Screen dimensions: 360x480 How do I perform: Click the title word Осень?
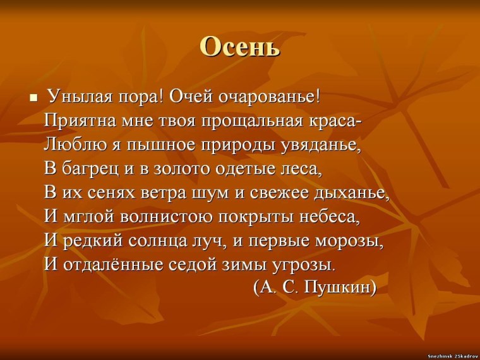click(x=239, y=47)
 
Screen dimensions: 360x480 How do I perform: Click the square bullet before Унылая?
click(x=34, y=99)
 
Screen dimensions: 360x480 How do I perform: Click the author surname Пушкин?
click(x=340, y=287)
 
